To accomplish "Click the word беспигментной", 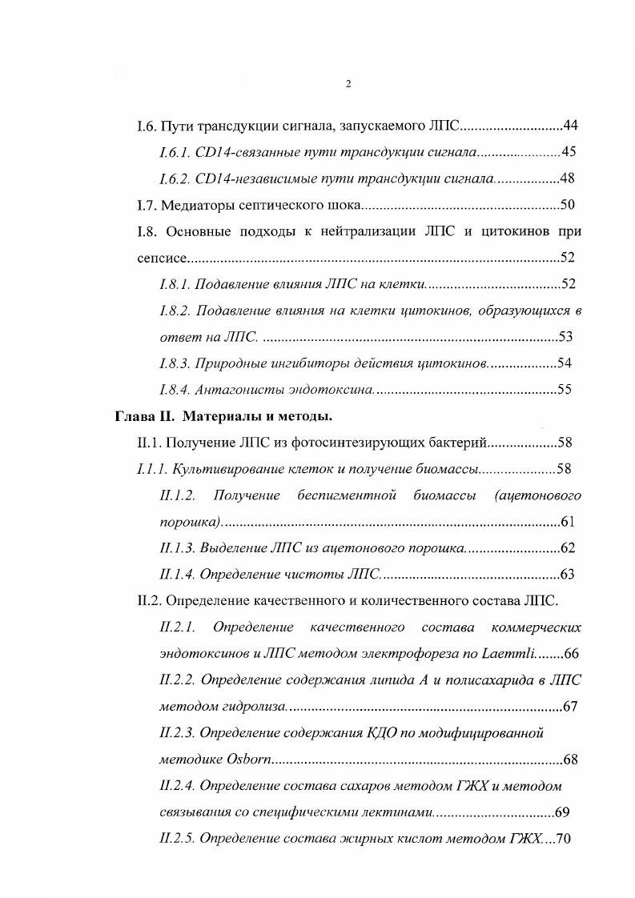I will click(347, 495).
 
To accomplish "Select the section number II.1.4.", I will click(177, 574).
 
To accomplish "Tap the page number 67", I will click(571, 706).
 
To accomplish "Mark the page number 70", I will click(567, 839).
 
